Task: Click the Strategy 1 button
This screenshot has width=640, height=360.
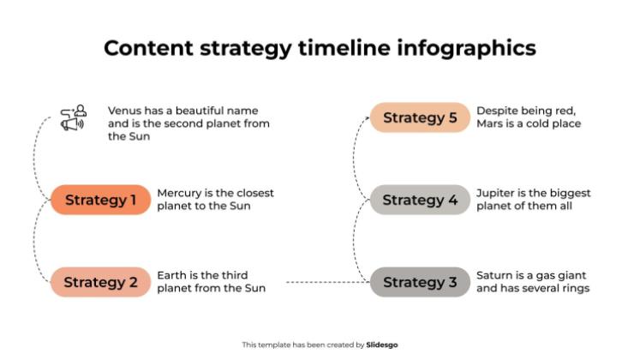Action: pyautogui.click(x=100, y=201)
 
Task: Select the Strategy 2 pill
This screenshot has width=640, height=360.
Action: pyautogui.click(x=100, y=282)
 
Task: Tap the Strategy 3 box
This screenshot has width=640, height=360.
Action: pyautogui.click(x=420, y=282)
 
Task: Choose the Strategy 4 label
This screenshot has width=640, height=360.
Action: pyautogui.click(x=420, y=201)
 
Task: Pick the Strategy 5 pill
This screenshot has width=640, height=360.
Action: pyautogui.click(x=420, y=118)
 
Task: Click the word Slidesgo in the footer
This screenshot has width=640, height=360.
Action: pyautogui.click(x=382, y=345)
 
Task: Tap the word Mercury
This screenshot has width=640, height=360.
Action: pyautogui.click(x=179, y=193)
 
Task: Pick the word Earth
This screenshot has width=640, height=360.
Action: pyautogui.click(x=172, y=275)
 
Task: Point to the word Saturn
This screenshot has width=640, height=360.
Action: pyautogui.click(x=494, y=275)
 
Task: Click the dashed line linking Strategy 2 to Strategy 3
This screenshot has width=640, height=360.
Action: pyautogui.click(x=326, y=282)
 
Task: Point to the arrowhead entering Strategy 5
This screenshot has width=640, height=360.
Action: pyautogui.click(x=367, y=118)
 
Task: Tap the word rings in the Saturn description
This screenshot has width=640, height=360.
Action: pyautogui.click(x=575, y=289)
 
